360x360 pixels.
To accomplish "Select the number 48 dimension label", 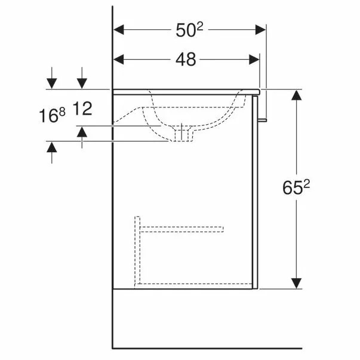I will point(187,59).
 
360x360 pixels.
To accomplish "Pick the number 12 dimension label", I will point(83,109).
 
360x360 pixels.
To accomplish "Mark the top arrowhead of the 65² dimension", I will point(297,95).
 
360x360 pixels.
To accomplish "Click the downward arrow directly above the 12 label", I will point(82,84).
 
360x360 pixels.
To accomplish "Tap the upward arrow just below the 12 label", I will point(82,131).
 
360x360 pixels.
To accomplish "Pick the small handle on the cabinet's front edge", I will point(263,122).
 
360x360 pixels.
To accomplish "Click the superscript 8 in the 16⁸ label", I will point(61,110).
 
